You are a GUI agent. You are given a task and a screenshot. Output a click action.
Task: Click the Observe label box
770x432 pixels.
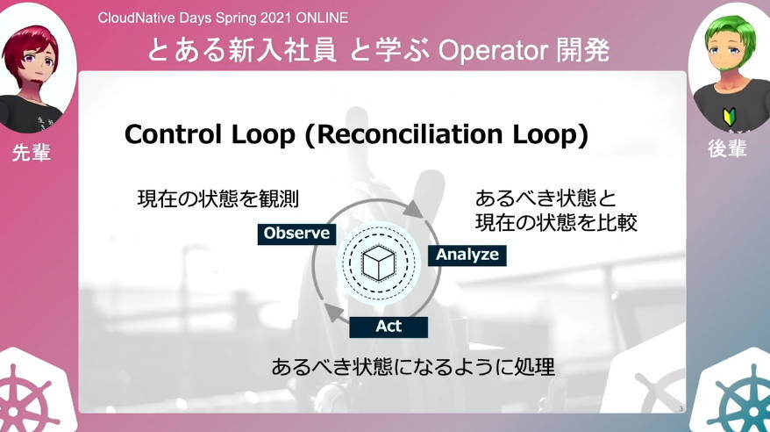[296, 234]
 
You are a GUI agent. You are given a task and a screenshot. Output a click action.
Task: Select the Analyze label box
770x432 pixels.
[467, 256]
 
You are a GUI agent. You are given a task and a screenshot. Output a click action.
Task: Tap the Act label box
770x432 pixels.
[389, 327]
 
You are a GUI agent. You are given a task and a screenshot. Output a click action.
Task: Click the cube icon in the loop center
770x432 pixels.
[379, 263]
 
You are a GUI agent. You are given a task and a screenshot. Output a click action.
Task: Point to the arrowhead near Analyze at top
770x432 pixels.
[415, 209]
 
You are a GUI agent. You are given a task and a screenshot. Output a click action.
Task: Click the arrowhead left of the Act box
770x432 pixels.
[335, 313]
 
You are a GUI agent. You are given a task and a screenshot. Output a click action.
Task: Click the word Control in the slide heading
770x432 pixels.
[174, 134]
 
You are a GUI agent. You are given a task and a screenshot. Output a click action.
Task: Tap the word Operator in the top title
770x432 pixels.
[493, 51]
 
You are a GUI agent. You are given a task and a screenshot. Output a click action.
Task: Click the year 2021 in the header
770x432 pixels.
[276, 18]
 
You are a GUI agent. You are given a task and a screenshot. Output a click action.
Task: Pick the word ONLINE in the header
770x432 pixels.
[322, 18]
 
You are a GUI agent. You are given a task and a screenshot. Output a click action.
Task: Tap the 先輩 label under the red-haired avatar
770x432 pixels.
[32, 153]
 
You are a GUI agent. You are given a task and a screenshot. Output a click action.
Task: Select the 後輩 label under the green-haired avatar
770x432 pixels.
[727, 148]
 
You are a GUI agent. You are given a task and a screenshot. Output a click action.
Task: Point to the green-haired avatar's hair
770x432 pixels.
[731, 35]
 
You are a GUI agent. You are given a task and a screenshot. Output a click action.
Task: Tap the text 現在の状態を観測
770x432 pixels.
[218, 199]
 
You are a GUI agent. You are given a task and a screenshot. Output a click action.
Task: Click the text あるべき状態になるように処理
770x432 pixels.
[413, 367]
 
